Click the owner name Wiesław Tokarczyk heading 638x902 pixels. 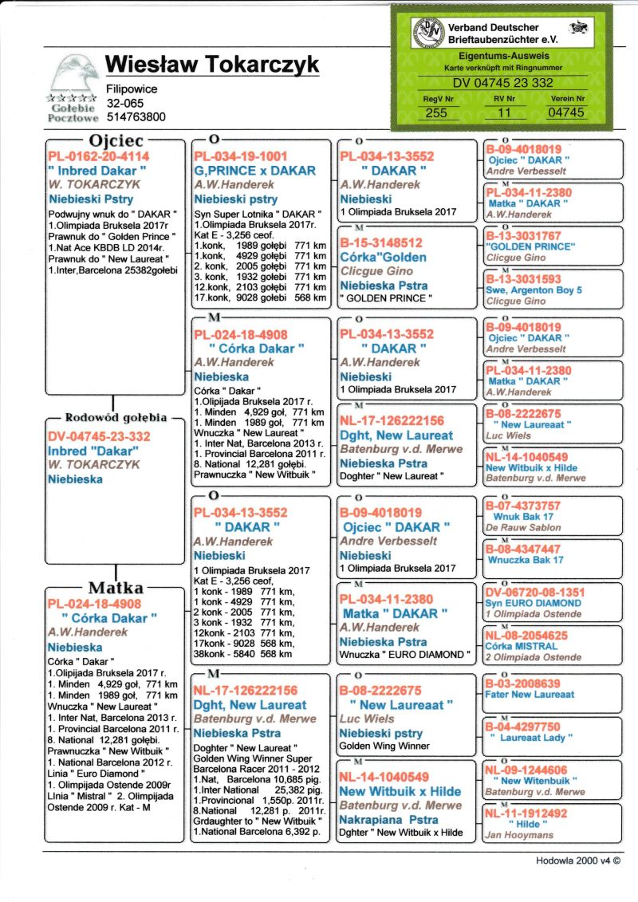coord(212,65)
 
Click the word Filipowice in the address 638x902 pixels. coord(132,89)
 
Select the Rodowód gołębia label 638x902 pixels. coord(115,417)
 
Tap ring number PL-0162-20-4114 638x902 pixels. coord(98,157)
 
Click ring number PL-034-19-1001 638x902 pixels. coord(240,156)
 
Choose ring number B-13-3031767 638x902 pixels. coord(524,236)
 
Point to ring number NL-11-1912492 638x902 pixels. coord(526,813)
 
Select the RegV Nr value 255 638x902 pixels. coord(436,113)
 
